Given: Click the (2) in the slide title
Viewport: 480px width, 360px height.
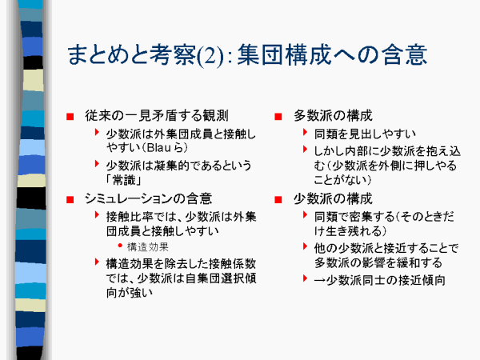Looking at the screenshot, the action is pyautogui.click(x=210, y=56).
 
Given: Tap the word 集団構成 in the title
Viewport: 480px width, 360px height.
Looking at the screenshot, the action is pyautogui.click(x=284, y=54).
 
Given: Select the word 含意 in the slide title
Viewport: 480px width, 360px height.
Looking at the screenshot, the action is pyautogui.click(x=404, y=54).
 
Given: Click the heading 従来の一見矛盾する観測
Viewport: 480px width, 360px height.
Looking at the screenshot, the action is pyautogui.click(x=157, y=116).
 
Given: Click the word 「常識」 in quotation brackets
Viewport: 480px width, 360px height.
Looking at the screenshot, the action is pyautogui.click(x=124, y=180).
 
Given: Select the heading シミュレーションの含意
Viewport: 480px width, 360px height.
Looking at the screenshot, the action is pyautogui.click(x=148, y=198).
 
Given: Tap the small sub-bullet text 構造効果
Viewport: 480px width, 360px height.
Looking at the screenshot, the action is pyautogui.click(x=147, y=246).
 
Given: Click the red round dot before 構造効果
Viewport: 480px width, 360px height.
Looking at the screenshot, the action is pyautogui.click(x=120, y=246).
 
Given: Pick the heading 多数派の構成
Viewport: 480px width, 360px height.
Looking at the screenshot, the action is pyautogui.click(x=333, y=116).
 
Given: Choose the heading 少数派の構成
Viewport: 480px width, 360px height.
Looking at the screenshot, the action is pyautogui.click(x=333, y=198).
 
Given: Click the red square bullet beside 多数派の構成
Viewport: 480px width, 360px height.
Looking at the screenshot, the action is pyautogui.click(x=278, y=117).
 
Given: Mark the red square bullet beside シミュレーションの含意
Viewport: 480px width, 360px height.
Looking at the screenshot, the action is pyautogui.click(x=70, y=200).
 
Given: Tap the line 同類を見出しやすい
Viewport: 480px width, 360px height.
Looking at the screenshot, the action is pyautogui.click(x=365, y=134).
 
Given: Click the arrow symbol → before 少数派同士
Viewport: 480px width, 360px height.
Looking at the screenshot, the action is pyautogui.click(x=319, y=281).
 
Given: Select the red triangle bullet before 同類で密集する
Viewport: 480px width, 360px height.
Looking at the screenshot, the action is pyautogui.click(x=305, y=215).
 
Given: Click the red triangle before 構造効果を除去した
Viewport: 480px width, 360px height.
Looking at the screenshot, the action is pyautogui.click(x=97, y=262).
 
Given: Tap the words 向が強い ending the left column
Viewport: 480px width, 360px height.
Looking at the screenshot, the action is pyautogui.click(x=129, y=293).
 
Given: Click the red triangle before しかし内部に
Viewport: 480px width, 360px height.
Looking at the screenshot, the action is pyautogui.click(x=305, y=150).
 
